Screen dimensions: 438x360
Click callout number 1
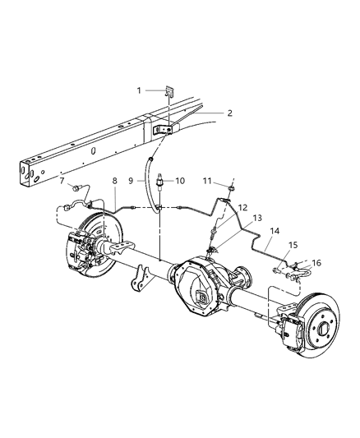tap(140, 90)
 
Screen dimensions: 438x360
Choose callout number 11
tap(209, 180)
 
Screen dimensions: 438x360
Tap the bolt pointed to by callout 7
tap(76, 188)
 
